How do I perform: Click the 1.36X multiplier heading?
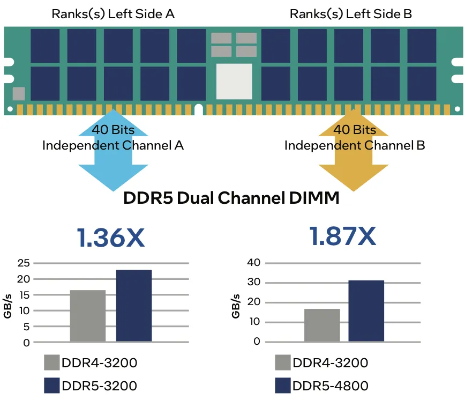coord(111,237)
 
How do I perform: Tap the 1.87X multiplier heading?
coord(343,237)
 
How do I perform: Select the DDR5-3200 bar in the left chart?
coord(134,306)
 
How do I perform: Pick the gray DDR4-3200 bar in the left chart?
coord(88,316)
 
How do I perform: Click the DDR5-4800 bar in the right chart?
coord(366,311)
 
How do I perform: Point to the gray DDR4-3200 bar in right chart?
coord(322,325)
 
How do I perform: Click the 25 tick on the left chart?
coord(24,263)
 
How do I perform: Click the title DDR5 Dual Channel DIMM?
coord(231,198)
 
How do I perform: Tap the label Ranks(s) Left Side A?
coord(113,14)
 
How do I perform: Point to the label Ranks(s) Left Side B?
coord(351,14)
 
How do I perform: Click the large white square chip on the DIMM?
coord(234,82)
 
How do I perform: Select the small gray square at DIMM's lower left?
coord(19,94)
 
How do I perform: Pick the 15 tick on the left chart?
coord(24,295)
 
